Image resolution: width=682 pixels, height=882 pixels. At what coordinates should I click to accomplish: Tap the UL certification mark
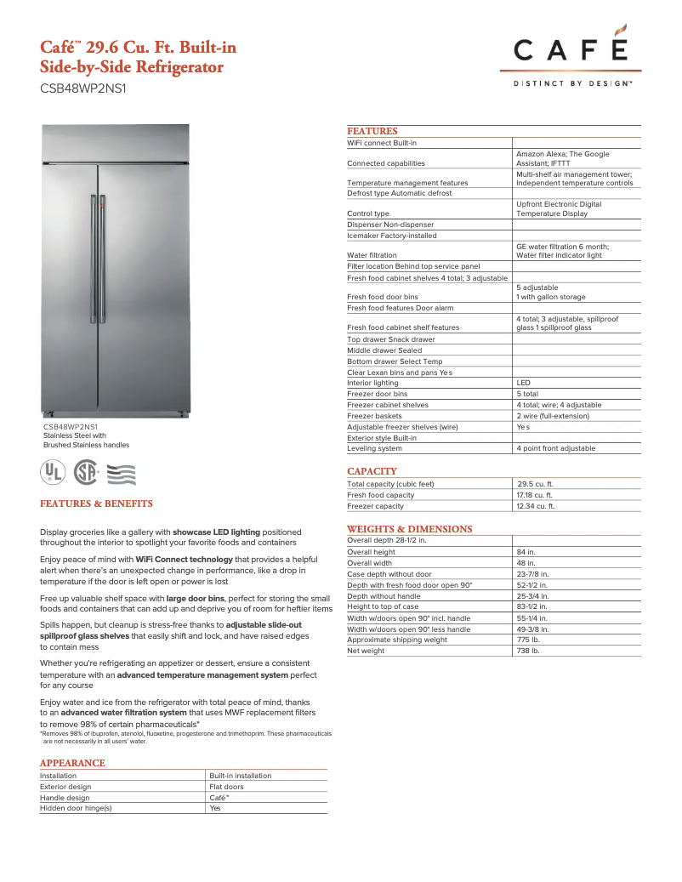click(x=54, y=472)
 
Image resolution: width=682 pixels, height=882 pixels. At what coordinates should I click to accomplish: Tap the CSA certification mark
click(x=86, y=472)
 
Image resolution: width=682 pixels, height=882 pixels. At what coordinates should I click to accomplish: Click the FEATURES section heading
click(x=372, y=131)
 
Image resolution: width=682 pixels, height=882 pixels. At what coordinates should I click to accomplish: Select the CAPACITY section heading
click(x=372, y=471)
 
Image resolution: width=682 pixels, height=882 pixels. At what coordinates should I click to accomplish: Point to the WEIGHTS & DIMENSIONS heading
click(x=409, y=529)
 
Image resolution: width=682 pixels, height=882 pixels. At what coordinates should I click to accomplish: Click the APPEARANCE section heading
click(x=72, y=763)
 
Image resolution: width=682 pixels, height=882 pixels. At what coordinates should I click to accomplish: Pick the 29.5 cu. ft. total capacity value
click(x=536, y=484)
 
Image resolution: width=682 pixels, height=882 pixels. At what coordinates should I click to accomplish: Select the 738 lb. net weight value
click(x=529, y=651)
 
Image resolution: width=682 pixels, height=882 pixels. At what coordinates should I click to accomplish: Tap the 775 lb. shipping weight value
click(x=529, y=640)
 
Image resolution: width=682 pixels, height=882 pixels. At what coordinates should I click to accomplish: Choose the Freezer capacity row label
click(x=375, y=506)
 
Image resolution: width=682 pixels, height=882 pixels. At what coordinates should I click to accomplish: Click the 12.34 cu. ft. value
click(x=536, y=506)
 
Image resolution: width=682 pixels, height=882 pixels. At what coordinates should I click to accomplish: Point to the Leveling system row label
click(x=374, y=448)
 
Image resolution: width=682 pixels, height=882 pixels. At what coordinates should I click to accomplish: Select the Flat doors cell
click(x=226, y=787)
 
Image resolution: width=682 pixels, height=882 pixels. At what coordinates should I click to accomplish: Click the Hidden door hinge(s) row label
click(x=76, y=809)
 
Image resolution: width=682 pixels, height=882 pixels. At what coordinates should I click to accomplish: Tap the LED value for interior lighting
click(x=523, y=383)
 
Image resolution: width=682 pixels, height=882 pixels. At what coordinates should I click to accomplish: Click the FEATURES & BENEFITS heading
click(x=96, y=504)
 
